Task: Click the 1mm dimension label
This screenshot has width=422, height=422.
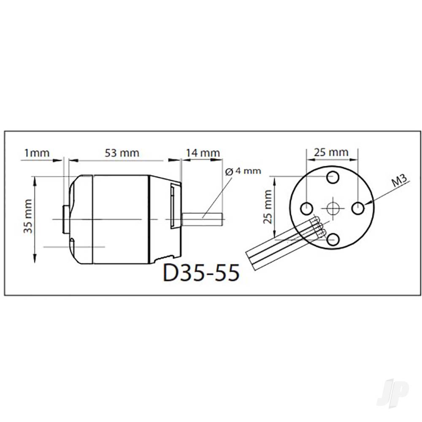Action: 37,153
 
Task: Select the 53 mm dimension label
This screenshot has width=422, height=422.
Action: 122,153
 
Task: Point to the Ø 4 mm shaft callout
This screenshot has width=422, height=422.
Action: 243,171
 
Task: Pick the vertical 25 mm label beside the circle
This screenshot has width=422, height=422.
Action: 268,207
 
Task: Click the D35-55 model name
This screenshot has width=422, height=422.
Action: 201,273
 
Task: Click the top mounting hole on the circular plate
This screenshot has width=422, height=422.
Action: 333,178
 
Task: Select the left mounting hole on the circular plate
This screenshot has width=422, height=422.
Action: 306,208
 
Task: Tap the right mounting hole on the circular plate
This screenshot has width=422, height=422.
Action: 358,208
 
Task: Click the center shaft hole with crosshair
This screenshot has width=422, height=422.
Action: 333,208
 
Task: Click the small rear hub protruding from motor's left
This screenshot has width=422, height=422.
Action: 65,219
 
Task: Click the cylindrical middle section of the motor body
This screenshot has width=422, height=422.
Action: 121,219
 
